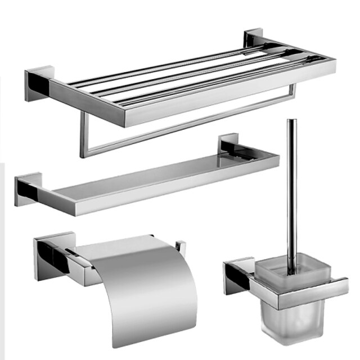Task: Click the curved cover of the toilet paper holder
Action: (x=141, y=287)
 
